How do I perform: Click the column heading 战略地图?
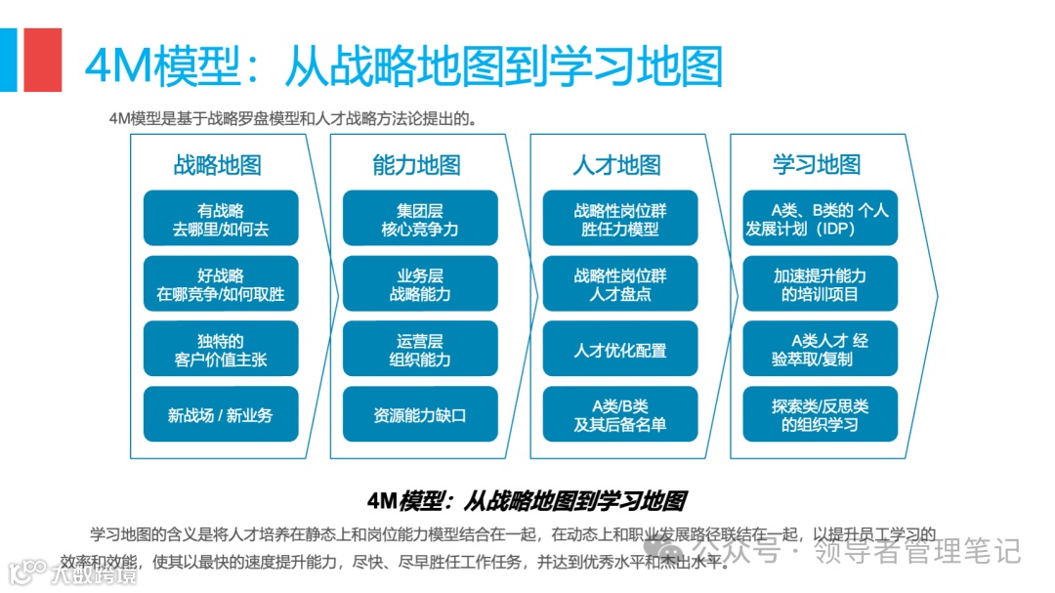[217, 164]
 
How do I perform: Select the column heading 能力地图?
[416, 164]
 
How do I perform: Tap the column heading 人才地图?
[616, 164]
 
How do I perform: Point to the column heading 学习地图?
[817, 164]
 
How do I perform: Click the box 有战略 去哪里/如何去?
[221, 219]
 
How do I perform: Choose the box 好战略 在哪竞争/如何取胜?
[221, 284]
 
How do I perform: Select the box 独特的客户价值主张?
[221, 350]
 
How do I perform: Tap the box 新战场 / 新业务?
[221, 414]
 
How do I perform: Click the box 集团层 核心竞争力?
[420, 219]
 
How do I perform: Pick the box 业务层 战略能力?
[420, 284]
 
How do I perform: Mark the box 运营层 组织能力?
[420, 350]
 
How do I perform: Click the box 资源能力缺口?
[420, 414]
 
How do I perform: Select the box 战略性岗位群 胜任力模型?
[620, 219]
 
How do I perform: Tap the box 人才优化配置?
[620, 350]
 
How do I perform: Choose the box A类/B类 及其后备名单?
[620, 414]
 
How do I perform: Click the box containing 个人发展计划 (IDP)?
[820, 219]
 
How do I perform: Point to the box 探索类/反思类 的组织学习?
[820, 414]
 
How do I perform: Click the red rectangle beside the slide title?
[43, 60]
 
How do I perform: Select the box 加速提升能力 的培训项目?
[820, 284]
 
